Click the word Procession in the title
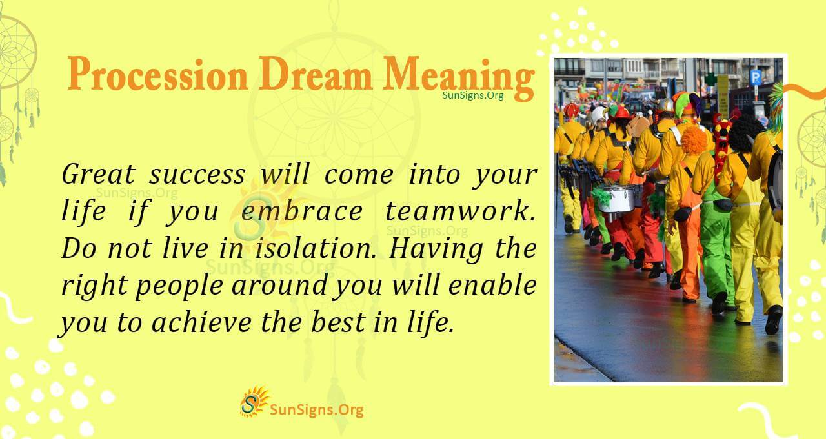point(157,75)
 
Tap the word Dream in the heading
point(316,75)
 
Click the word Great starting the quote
point(96,175)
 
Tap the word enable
point(498,286)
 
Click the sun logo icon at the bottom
point(254,402)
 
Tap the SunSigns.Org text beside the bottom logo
point(316,409)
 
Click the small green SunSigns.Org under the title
point(473,95)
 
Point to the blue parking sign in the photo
point(755,77)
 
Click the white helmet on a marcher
point(599,115)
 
